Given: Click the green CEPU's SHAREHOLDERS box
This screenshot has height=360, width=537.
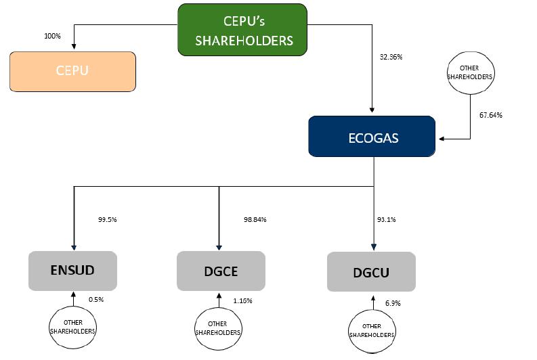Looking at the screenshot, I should [242, 30].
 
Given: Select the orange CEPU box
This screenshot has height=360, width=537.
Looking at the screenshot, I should [72, 71].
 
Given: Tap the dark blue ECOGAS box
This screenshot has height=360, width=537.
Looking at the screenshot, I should [371, 137].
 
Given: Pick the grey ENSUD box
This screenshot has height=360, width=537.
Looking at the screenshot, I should [72, 271].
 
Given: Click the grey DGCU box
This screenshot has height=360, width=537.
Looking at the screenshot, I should [370, 272].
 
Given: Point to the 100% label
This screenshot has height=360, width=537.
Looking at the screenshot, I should [52, 35].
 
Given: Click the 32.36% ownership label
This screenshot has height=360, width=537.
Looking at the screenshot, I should [391, 57].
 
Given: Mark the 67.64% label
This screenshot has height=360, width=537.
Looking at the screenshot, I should [490, 115].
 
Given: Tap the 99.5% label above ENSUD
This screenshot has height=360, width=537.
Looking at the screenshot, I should [108, 219].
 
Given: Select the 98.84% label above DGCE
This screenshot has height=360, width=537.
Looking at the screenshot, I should [255, 219].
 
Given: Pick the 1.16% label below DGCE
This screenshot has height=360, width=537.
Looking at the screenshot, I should [242, 300].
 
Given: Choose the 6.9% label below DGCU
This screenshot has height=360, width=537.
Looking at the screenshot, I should [392, 304].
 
